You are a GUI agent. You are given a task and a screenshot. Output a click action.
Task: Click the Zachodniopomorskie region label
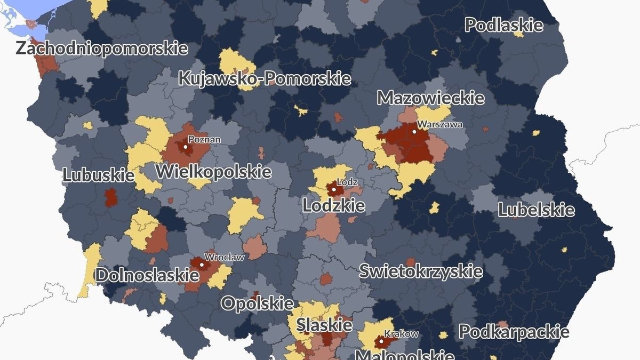coord(102,48)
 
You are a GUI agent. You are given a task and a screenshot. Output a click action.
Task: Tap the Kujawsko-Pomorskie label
coord(265,78)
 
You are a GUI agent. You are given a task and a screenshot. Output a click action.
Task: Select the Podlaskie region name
coord(504,25)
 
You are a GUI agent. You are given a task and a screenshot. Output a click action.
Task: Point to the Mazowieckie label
coord(431,98)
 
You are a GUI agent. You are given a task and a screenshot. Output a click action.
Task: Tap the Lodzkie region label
coord(334,205)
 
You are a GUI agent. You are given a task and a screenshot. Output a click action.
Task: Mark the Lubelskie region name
coord(536,210)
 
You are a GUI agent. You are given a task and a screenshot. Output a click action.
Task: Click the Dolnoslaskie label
coord(147,275)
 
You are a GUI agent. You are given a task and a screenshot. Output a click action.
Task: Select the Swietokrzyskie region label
coord(421,271)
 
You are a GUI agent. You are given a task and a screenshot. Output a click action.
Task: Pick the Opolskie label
coord(257,303)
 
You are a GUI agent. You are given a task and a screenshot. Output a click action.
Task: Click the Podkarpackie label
coord(514,332)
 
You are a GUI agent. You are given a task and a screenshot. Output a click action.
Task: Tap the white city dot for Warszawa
coord(414,131)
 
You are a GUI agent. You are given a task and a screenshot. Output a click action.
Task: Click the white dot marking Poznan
coord(186,146)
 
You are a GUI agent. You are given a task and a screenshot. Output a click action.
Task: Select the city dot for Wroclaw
coord(202,264)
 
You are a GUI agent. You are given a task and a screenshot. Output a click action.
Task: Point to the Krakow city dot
coord(381,340)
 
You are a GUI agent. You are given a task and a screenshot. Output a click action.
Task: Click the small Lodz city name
coord(347,182)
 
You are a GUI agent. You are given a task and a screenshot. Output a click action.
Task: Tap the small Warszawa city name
coord(440,124)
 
